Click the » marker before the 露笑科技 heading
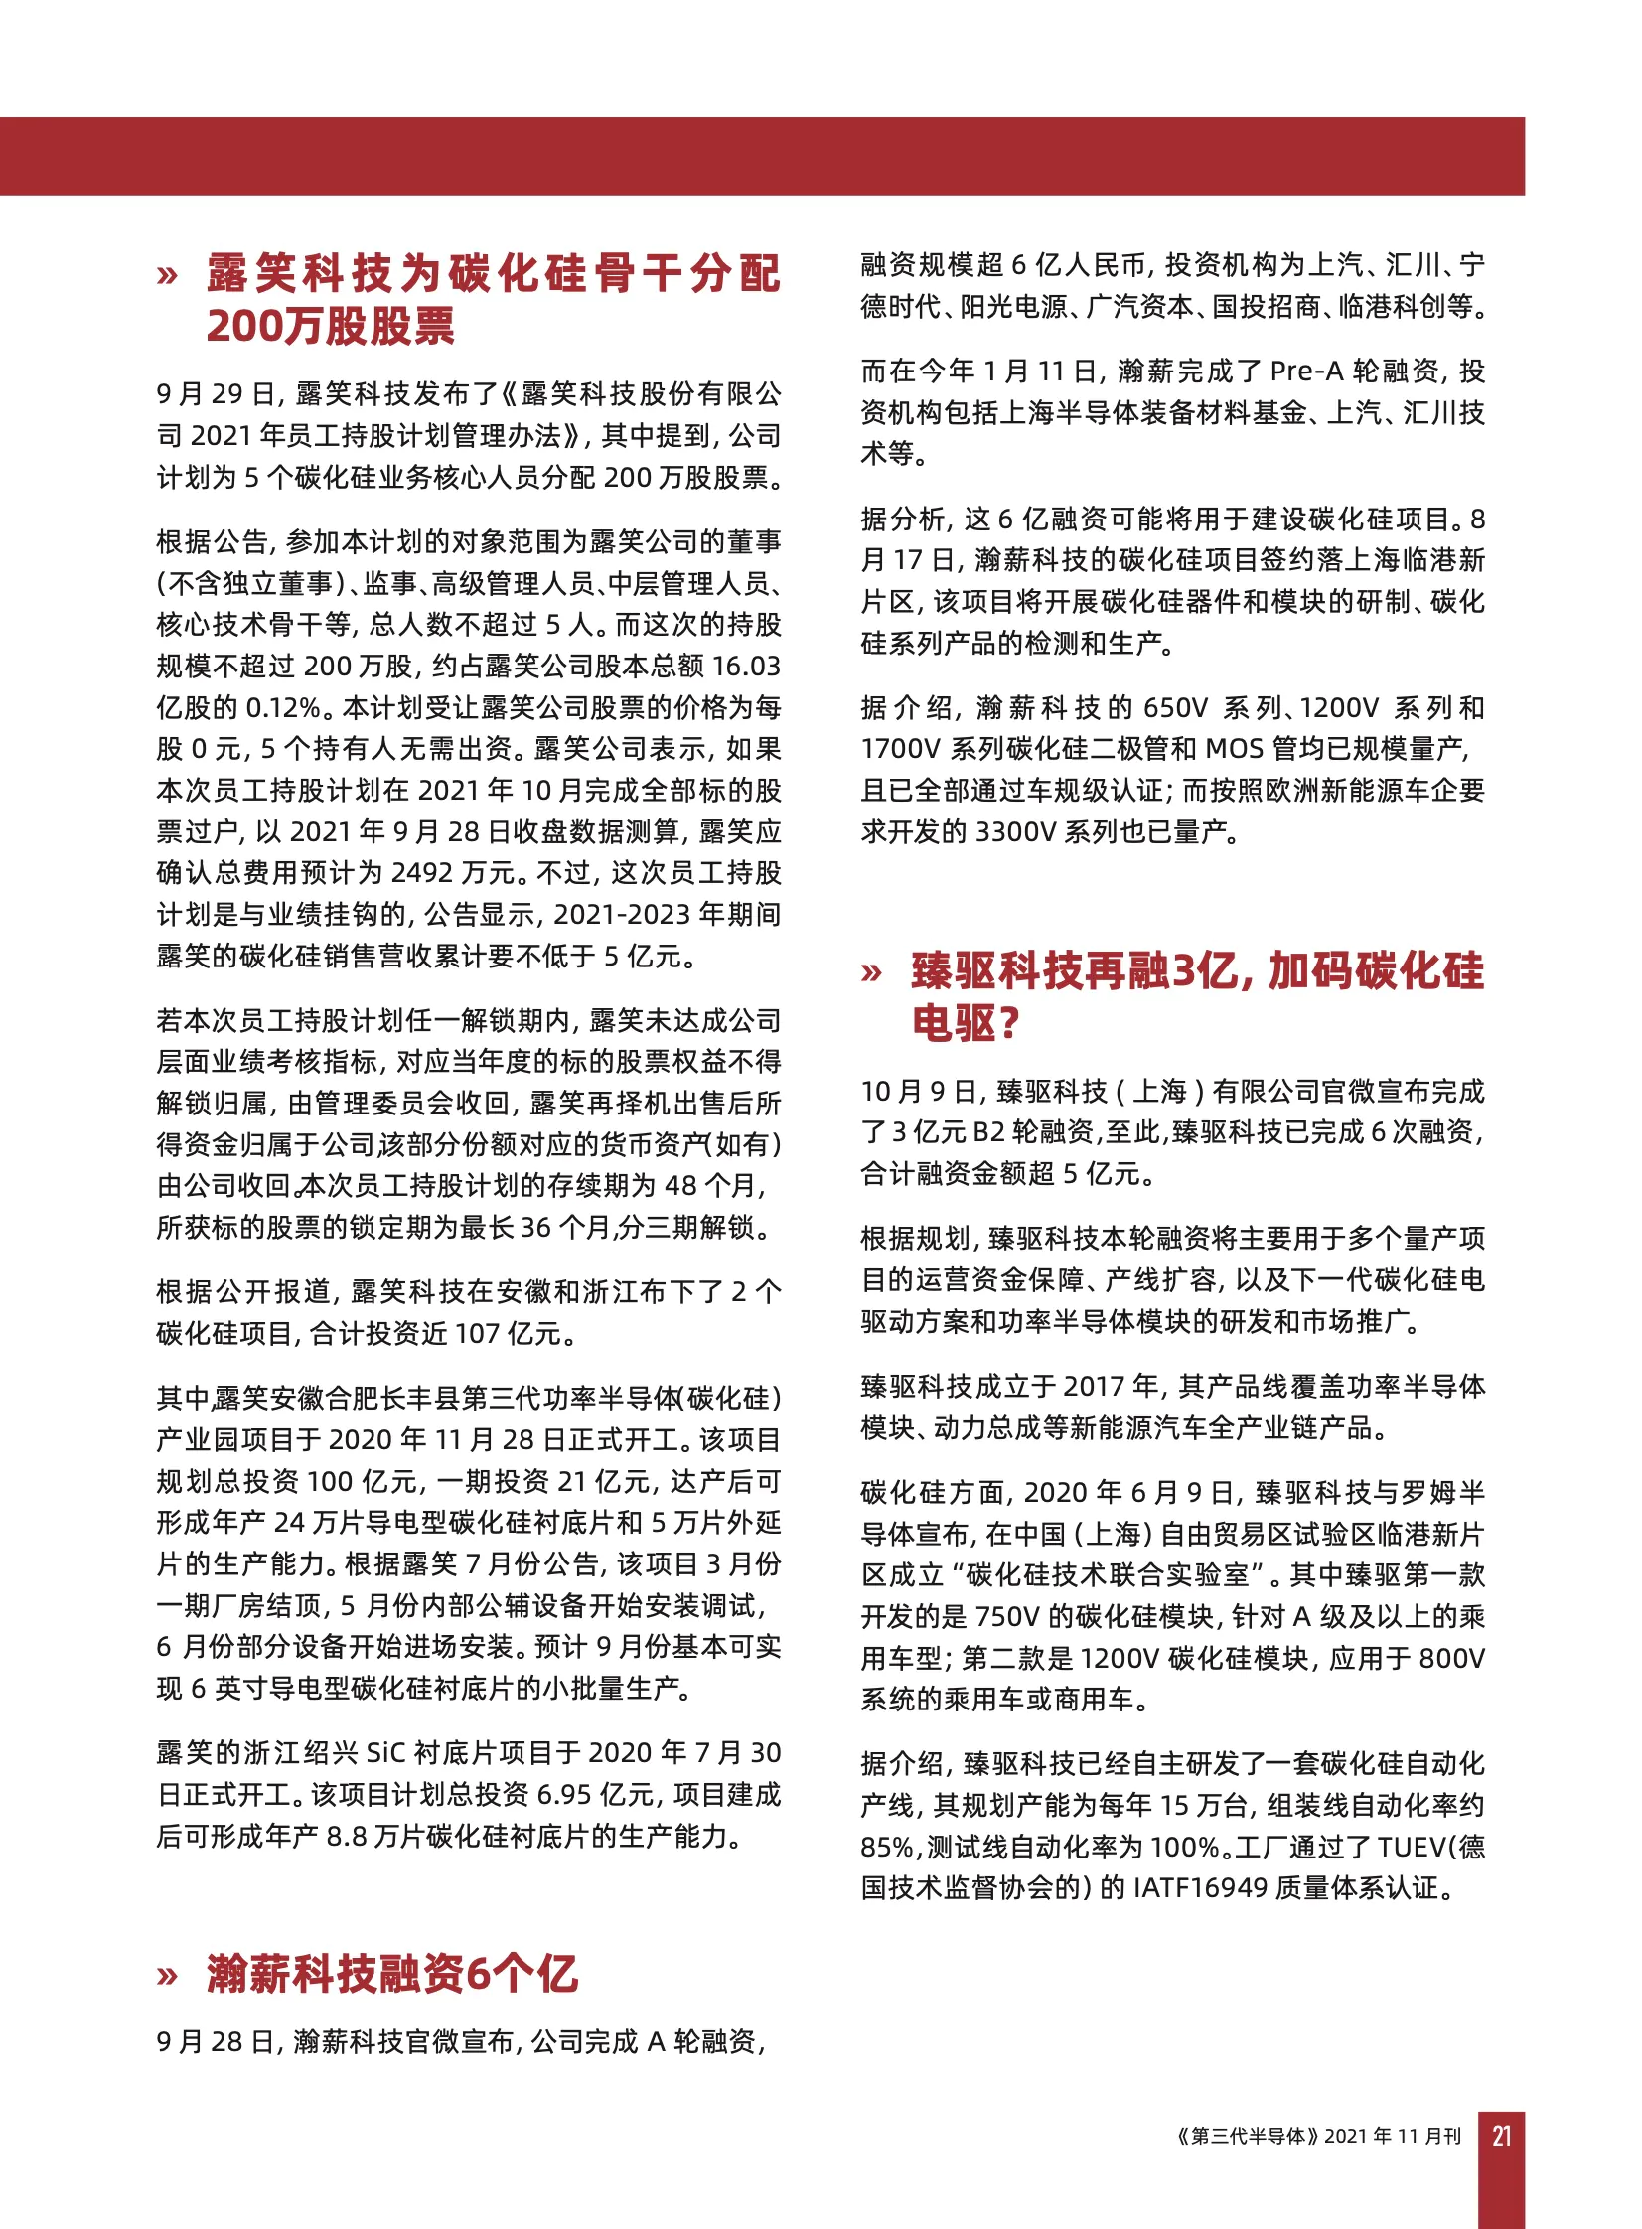tap(167, 275)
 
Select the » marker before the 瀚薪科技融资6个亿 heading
tap(167, 1975)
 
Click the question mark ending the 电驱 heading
tap(1007, 1022)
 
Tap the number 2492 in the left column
tap(422, 872)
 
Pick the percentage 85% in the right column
tap(887, 1847)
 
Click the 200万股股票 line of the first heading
tap(330, 326)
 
